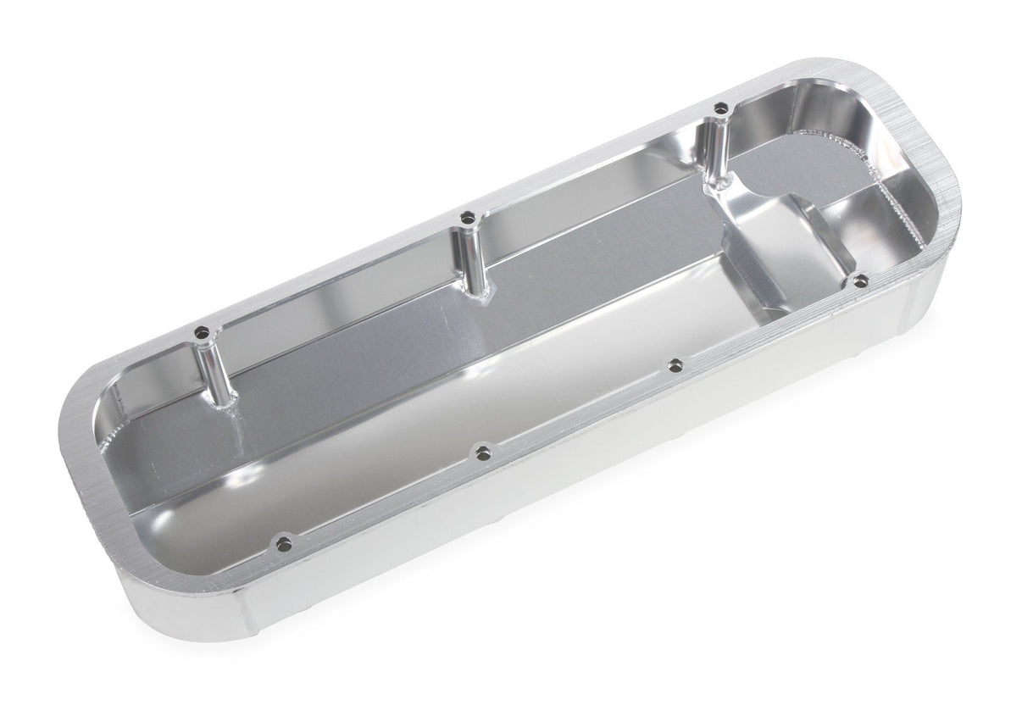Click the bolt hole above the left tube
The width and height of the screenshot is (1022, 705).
(x=201, y=334)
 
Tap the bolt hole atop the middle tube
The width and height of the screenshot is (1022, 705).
(x=466, y=219)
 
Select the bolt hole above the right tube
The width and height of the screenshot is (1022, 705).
(x=720, y=108)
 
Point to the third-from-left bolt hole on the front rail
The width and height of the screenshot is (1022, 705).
(x=675, y=365)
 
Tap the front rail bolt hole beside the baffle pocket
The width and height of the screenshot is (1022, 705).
(x=860, y=280)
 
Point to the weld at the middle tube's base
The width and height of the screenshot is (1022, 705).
(x=483, y=297)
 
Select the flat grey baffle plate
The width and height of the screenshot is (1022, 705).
(x=805, y=169)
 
